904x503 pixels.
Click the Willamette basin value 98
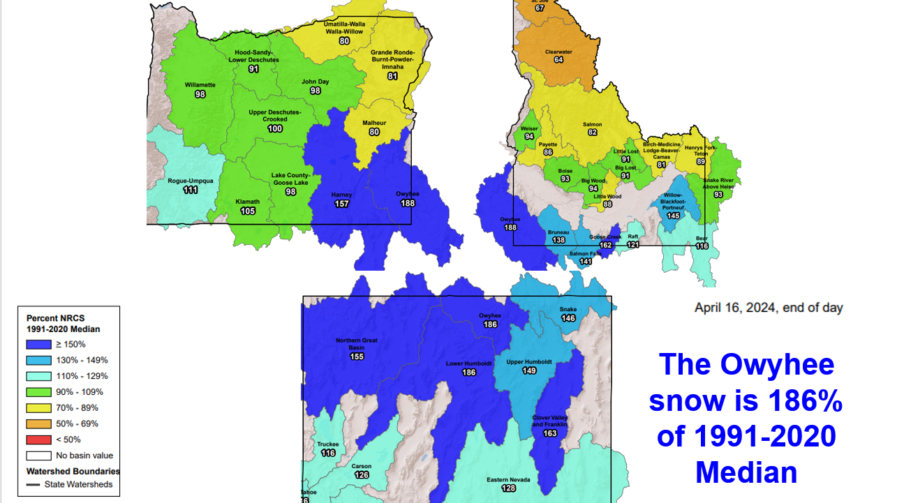point(200,94)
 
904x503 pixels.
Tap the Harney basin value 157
point(342,204)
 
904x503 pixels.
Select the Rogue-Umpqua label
point(190,181)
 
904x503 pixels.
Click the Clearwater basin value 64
point(558,60)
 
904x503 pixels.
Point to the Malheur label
point(374,123)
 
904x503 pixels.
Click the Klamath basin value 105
point(248,211)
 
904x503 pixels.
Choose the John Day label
point(315,82)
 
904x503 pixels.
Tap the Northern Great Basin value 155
point(357,356)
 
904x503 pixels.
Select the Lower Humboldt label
point(469,363)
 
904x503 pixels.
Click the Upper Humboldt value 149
point(528,371)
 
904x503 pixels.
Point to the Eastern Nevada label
point(508,479)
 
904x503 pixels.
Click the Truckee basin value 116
point(328,453)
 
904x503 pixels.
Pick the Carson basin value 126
point(362,475)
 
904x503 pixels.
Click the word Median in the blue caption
point(746,472)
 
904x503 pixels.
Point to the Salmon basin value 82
point(593,133)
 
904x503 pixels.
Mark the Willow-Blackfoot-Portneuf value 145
point(673,216)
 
